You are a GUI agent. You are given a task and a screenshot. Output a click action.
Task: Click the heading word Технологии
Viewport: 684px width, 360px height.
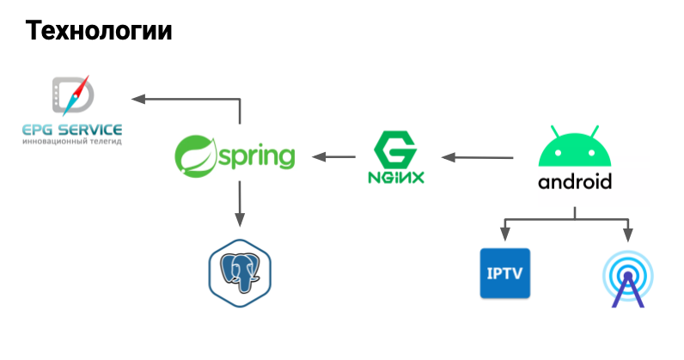click(99, 31)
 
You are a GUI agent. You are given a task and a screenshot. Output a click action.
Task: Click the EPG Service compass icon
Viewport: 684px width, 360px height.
click(73, 95)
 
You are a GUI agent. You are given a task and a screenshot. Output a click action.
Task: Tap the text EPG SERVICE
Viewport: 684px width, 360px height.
click(72, 130)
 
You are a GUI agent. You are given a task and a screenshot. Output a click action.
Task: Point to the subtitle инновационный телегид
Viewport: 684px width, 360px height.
click(72, 142)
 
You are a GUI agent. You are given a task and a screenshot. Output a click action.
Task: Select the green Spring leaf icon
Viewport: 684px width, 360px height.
click(196, 156)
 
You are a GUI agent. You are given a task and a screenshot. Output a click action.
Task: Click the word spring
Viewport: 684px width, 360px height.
click(257, 157)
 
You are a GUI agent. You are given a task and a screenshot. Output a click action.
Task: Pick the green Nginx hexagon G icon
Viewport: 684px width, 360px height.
click(395, 149)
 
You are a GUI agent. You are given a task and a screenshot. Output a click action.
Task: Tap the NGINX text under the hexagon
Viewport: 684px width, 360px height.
click(395, 177)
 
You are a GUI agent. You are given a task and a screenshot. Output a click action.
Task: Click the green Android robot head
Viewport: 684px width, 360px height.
click(575, 146)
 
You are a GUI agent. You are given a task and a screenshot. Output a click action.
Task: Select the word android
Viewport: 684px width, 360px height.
click(575, 181)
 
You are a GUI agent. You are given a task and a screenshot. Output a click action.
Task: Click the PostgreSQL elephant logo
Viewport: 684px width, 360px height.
click(240, 273)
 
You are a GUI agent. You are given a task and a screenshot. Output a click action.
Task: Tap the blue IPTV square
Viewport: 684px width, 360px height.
click(505, 273)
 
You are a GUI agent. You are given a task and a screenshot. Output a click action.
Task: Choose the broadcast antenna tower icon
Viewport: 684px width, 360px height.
click(628, 279)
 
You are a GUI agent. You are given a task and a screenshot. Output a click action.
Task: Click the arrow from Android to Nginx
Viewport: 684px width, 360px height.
click(477, 157)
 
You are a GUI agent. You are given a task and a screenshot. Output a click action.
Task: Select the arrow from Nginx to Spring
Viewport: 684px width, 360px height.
click(333, 157)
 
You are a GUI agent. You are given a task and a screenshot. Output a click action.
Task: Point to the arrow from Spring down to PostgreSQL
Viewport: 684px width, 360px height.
click(240, 204)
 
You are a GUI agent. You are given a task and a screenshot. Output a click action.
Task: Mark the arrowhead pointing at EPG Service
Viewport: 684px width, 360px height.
click(137, 99)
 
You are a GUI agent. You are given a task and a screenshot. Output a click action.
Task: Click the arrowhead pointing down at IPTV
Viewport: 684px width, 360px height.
click(505, 235)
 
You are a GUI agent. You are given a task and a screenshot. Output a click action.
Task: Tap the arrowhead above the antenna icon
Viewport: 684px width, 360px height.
click(628, 235)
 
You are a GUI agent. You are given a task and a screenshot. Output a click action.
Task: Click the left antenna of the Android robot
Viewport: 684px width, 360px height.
click(555, 132)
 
